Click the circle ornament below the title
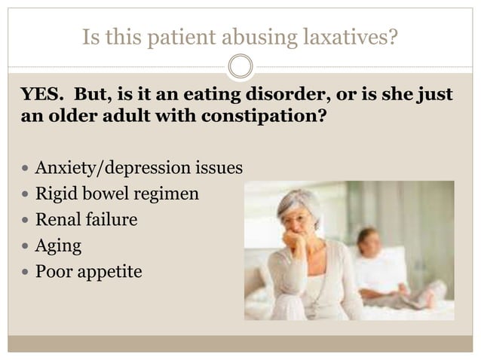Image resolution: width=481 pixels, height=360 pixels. (240, 66)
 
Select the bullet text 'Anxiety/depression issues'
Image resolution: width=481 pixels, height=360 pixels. (139, 167)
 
